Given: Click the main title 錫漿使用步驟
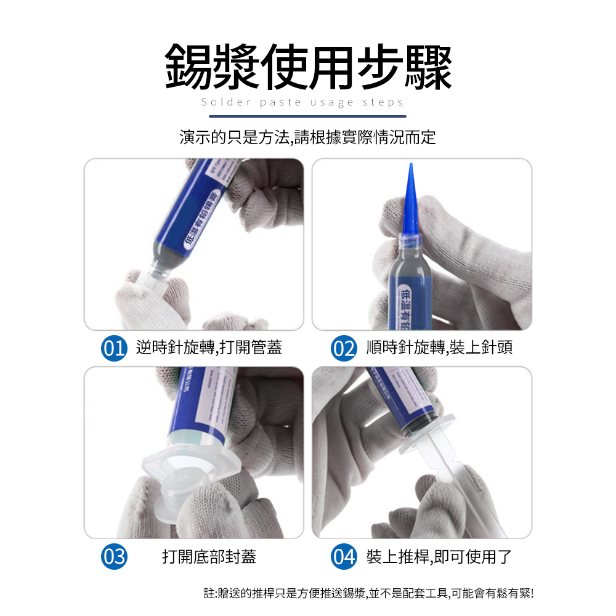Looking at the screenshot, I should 308,67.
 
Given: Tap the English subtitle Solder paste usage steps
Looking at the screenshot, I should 302,102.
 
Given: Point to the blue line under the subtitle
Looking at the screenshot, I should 307,116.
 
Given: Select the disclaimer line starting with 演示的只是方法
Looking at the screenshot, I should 307,137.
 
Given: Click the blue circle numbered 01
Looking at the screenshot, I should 114,348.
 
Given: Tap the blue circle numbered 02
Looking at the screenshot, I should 343,348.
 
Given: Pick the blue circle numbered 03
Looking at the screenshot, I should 114,557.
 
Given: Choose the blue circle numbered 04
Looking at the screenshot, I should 343,557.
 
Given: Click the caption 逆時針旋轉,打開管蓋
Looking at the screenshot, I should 209,348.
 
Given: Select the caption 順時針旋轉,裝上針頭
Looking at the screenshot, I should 439,348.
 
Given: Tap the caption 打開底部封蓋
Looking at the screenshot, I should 209,557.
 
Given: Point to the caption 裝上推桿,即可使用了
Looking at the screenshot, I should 439,557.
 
